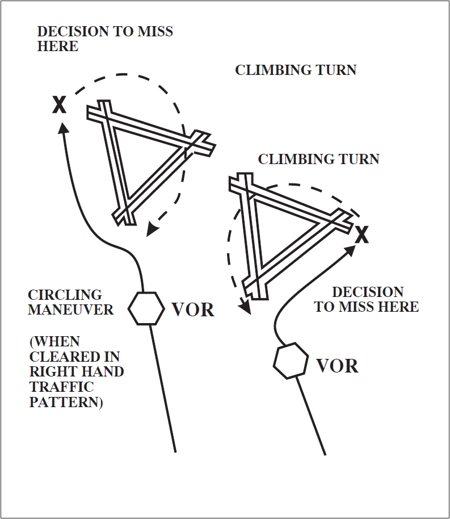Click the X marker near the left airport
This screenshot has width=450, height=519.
59,104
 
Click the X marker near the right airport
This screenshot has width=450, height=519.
361,234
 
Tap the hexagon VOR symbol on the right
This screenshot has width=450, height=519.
291,361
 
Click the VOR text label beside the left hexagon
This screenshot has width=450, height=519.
193,310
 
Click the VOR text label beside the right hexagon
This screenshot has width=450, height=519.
337,366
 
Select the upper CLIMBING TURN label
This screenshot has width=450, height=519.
296,70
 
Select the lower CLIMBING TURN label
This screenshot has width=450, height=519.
318,159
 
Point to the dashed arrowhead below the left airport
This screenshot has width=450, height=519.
150,229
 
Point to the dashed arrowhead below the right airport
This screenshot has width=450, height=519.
245,307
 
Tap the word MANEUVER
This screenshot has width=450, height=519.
71,310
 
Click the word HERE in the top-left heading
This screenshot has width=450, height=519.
58,47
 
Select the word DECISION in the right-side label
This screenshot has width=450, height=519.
368,292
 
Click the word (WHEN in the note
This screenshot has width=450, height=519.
54,342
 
